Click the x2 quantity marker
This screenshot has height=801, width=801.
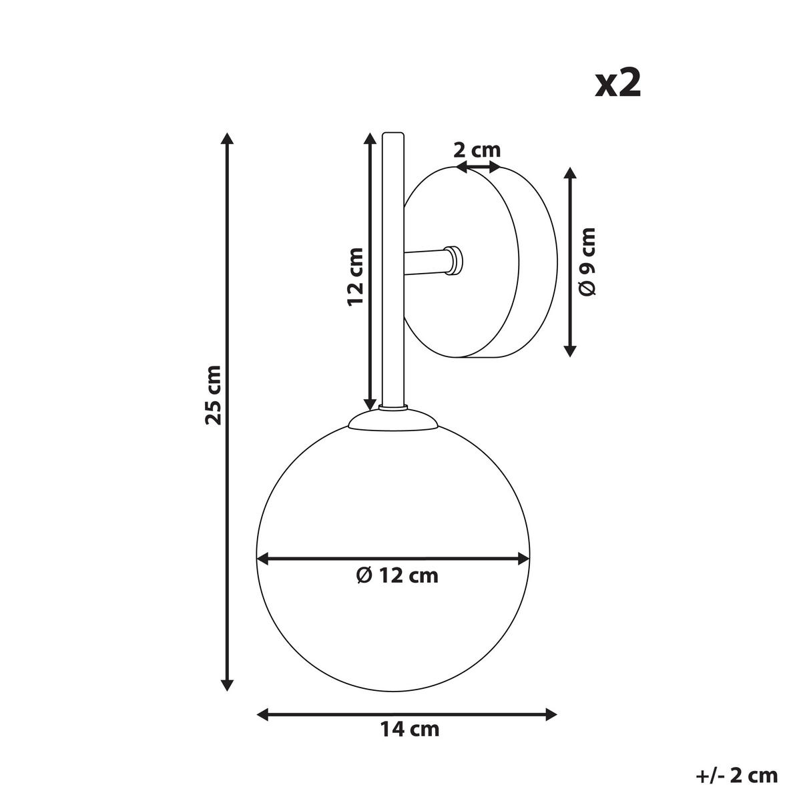coord(617,83)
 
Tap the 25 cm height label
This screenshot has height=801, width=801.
coord(213,395)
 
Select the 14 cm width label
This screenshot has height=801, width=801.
coord(410,729)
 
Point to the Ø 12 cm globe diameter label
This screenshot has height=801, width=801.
coord(397,575)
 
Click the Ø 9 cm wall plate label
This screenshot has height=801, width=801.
coord(587,261)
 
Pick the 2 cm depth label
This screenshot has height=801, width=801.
coord(477,150)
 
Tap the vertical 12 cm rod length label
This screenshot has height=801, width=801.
coord(355,276)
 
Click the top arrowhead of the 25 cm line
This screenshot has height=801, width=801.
coord(227,139)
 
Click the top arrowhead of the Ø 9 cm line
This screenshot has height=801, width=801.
coord(569,174)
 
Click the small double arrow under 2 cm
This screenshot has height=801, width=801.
coord(477,168)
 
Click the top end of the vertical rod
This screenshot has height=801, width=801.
coord(392,136)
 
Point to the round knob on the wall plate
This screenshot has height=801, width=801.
coord(455,260)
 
